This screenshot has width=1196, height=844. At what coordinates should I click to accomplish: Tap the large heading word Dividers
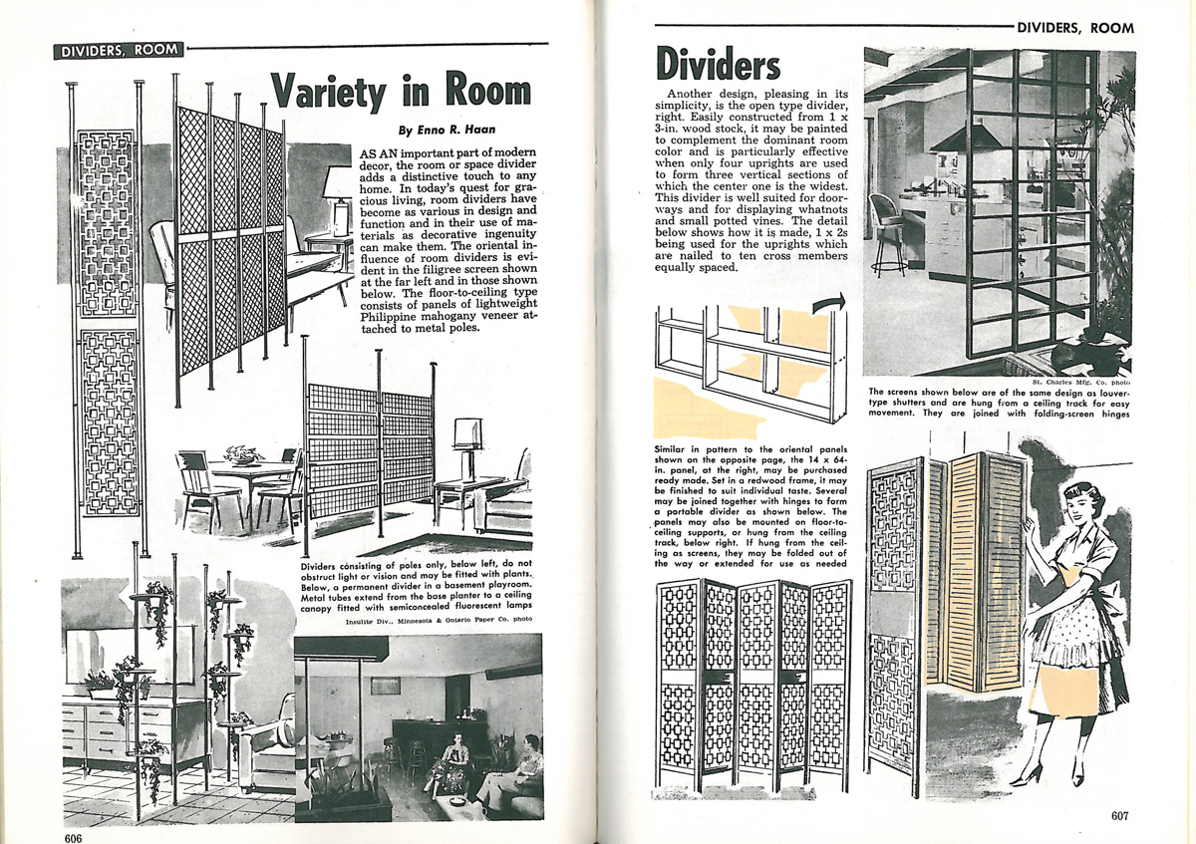pyautogui.click(x=718, y=64)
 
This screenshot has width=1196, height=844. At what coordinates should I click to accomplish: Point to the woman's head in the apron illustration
pyautogui.click(x=1077, y=505)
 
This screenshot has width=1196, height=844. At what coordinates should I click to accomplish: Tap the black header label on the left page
pyautogui.click(x=119, y=49)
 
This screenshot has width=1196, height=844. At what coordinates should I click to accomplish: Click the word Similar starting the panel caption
pyautogui.click(x=677, y=449)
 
